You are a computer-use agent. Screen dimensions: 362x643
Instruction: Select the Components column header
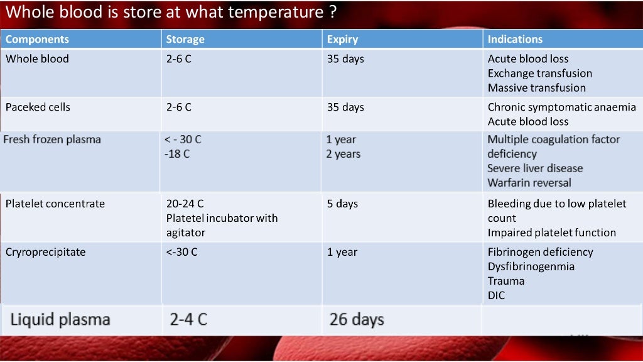point(37,39)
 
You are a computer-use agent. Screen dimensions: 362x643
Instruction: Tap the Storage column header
point(185,39)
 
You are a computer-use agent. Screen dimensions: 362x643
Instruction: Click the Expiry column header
point(342,39)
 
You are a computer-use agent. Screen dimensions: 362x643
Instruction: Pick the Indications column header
point(515,39)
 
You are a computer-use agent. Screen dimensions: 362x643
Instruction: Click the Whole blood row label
point(37,59)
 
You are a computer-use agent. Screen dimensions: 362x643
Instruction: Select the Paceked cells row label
point(38,107)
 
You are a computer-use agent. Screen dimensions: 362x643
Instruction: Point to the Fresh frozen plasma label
point(52,140)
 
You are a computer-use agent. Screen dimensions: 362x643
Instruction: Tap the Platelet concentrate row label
point(55,204)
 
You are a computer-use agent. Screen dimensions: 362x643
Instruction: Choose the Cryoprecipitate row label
point(45,253)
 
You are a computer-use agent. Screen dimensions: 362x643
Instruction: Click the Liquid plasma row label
point(60,320)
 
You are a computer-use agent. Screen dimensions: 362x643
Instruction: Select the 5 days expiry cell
point(342,204)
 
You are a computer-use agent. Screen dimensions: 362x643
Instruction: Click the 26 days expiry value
point(357,320)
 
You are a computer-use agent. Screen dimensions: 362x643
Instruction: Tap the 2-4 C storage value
point(188,320)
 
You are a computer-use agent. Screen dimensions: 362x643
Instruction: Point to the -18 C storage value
point(177,154)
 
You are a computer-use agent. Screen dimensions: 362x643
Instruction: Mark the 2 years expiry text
point(343,154)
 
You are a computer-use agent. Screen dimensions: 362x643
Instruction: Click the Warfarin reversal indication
point(529,183)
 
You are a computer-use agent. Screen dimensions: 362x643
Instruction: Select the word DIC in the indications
point(496,295)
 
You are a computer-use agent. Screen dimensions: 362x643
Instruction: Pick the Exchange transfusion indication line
point(540,74)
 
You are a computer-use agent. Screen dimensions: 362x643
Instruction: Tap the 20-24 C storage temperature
point(185,204)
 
